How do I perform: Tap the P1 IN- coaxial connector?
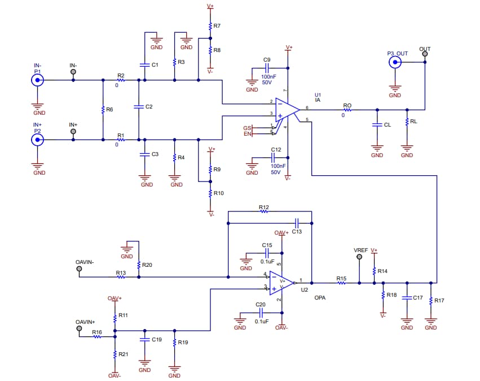point(37,80)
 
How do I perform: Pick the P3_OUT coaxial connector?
point(395,62)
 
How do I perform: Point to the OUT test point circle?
point(425,55)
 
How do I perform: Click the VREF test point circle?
point(359,257)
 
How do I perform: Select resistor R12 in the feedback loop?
point(263,212)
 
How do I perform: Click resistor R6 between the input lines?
point(103,110)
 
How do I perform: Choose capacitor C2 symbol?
point(138,106)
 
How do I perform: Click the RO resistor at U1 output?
point(347,110)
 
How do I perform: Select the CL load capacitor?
point(377,124)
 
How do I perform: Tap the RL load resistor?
point(407,122)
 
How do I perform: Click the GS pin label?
point(247,128)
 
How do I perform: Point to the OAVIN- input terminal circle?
point(79,269)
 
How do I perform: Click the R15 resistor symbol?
point(341,283)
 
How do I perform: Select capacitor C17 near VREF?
point(407,297)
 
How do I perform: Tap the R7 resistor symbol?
point(210,26)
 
